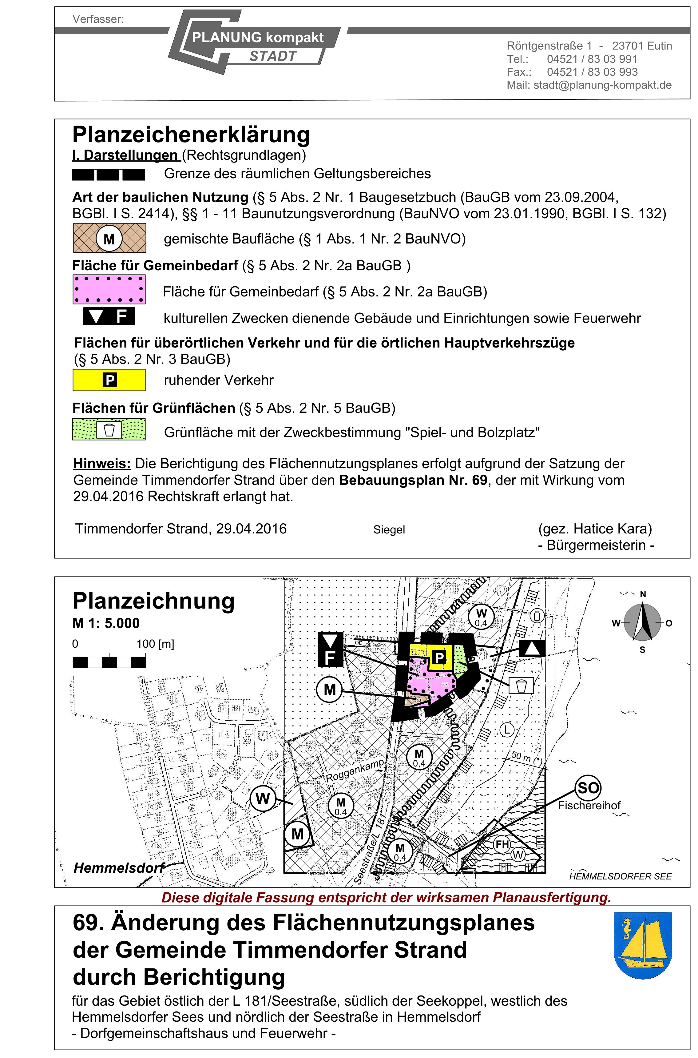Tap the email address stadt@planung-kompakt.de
(602, 85)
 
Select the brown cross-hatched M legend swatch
(109, 239)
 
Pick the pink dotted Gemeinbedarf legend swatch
(109, 289)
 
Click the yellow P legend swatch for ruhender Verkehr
(109, 380)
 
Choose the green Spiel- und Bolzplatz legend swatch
(109, 430)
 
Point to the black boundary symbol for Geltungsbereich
(109, 175)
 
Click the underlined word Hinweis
(102, 464)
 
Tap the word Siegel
(389, 529)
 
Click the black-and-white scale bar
(109, 662)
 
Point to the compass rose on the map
(642, 622)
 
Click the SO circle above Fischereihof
(588, 788)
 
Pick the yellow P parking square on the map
(439, 657)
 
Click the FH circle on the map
(502, 844)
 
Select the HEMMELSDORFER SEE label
(620, 877)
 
